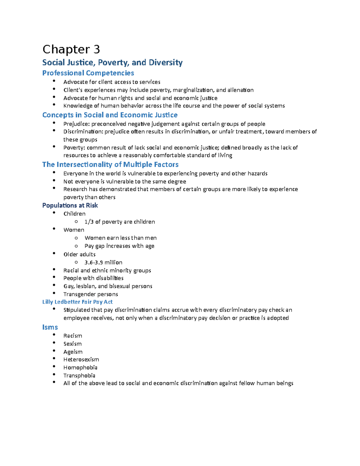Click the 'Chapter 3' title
pyautogui.click(x=71, y=50)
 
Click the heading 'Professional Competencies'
pyautogui.click(x=88, y=73)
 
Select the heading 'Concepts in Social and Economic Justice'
pyautogui.click(x=110, y=115)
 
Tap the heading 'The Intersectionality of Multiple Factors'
pyautogui.click(x=110, y=164)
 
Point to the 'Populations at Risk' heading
pyautogui.click(x=70, y=205)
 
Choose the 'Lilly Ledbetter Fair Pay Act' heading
pyautogui.click(x=77, y=302)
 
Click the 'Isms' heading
pyautogui.click(x=50, y=327)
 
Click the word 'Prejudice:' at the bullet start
pyautogui.click(x=76, y=124)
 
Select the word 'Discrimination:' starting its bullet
pyautogui.click(x=83, y=132)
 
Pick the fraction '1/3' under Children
pyautogui.click(x=89, y=222)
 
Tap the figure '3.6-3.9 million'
pyautogui.click(x=103, y=262)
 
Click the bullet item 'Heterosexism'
pyautogui.click(x=81, y=359)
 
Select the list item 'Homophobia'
pyautogui.click(x=80, y=368)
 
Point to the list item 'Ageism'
pyautogui.click(x=73, y=352)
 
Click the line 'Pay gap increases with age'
pyautogui.click(x=119, y=246)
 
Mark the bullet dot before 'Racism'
pyautogui.click(x=54, y=335)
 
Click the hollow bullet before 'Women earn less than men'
pyautogui.click(x=76, y=238)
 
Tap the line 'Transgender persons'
pyautogui.click(x=91, y=294)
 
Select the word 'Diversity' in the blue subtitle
pyautogui.click(x=166, y=62)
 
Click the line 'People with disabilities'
pyautogui.click(x=93, y=278)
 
